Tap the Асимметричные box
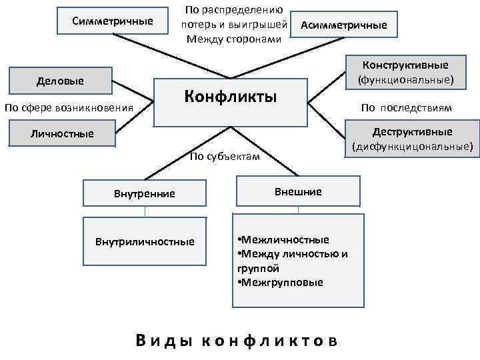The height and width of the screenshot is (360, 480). pos(343,26)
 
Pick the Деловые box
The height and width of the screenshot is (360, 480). pos(60,81)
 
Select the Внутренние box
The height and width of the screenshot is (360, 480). pos(145,193)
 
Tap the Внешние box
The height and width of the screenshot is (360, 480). pos(297,192)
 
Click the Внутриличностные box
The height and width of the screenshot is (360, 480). pos(145,241)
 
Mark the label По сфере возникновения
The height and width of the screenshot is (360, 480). pos(69,107)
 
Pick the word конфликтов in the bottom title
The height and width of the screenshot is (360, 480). pos(269,340)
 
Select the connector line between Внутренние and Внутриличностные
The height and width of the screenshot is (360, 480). pos(145,212)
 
